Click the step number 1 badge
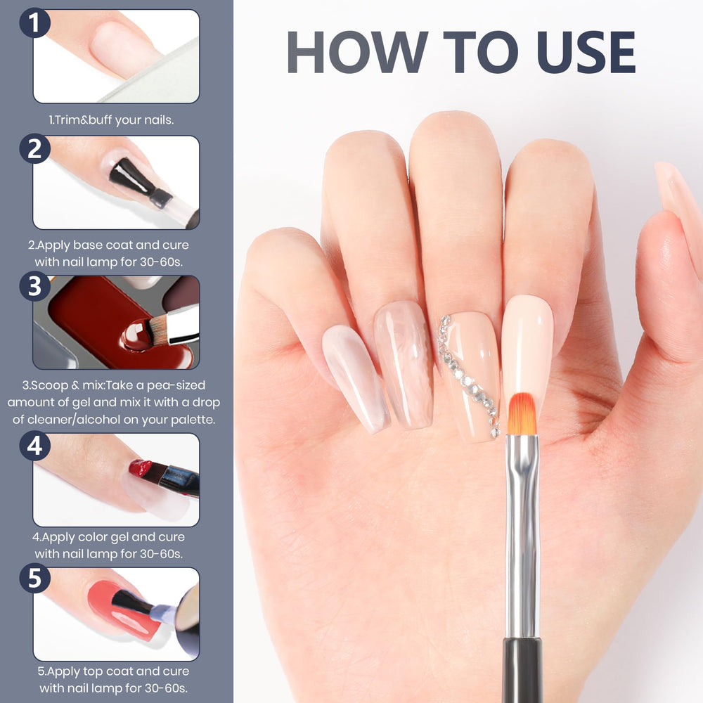click(x=34, y=22)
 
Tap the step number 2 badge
click(x=34, y=149)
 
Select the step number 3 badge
click(x=34, y=287)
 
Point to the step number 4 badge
click(x=34, y=446)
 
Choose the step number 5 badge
click(x=34, y=578)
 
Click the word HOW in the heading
click(x=357, y=52)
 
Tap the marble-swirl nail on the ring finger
click(x=404, y=364)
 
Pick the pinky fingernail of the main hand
click(x=356, y=378)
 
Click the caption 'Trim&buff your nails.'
click(x=111, y=120)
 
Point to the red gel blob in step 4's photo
click(x=141, y=468)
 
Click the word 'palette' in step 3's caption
click(x=193, y=420)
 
